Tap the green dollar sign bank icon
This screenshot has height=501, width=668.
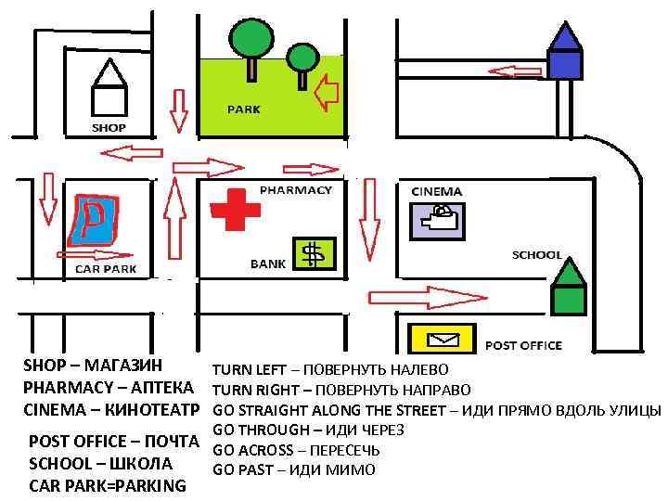(314, 252)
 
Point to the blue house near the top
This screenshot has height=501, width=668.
(563, 53)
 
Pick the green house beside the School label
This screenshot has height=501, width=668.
(568, 289)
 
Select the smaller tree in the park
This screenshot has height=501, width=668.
(302, 62)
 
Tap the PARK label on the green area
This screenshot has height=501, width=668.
(244, 109)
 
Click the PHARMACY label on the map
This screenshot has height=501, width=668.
(295, 189)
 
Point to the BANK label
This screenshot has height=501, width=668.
(268, 264)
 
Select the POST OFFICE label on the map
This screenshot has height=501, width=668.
(523, 345)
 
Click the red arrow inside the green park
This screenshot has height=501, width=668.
(326, 93)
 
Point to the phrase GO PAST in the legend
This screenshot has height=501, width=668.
(244, 470)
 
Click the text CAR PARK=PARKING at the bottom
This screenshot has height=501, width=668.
(108, 485)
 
